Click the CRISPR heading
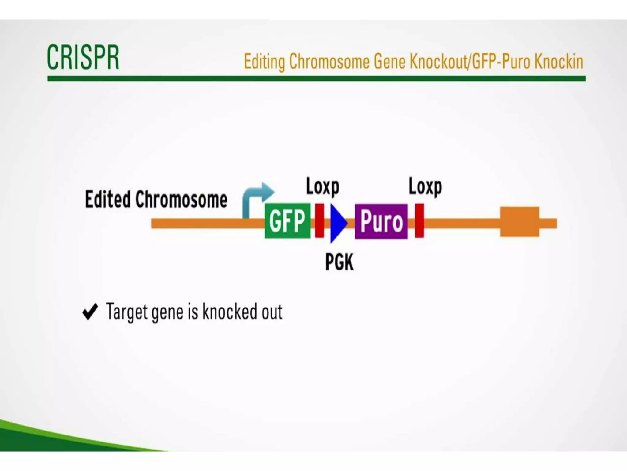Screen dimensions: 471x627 83,57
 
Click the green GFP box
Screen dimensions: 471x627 287,221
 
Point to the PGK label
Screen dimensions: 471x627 339,262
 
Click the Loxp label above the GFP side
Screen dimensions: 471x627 323,187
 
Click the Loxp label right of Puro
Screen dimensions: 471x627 425,187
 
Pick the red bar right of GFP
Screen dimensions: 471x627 319,220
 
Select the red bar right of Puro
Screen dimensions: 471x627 419,220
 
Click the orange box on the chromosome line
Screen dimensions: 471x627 520,222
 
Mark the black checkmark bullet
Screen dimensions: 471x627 90,312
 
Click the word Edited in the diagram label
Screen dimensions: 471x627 107,199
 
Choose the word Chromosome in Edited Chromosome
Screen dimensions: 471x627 181,199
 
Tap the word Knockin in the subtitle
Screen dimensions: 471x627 559,62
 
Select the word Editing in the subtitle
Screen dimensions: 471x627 264,62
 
